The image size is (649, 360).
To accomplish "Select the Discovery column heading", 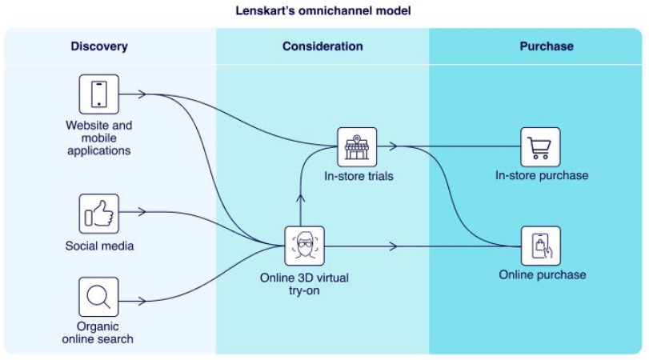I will [99, 46].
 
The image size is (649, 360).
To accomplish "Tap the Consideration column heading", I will [322, 46].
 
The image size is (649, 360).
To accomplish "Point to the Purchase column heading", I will [547, 46].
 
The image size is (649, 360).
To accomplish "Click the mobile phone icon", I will [99, 94].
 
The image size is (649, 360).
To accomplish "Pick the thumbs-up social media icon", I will [99, 214].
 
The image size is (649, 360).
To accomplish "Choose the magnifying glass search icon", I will [99, 298].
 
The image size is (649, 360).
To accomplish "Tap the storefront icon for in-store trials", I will [357, 147].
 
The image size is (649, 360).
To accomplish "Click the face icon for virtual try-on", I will [305, 246].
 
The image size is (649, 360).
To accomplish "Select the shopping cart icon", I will [541, 147].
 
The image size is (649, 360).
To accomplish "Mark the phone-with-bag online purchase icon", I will [541, 246].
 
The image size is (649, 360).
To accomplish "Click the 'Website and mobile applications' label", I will [99, 138].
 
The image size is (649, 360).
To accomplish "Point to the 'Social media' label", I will [99, 246].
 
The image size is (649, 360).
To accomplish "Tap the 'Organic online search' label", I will [99, 332].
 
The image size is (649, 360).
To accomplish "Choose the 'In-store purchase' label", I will [542, 176].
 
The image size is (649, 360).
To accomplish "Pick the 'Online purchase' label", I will [542, 274].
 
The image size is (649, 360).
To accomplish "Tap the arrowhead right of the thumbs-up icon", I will [142, 213].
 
